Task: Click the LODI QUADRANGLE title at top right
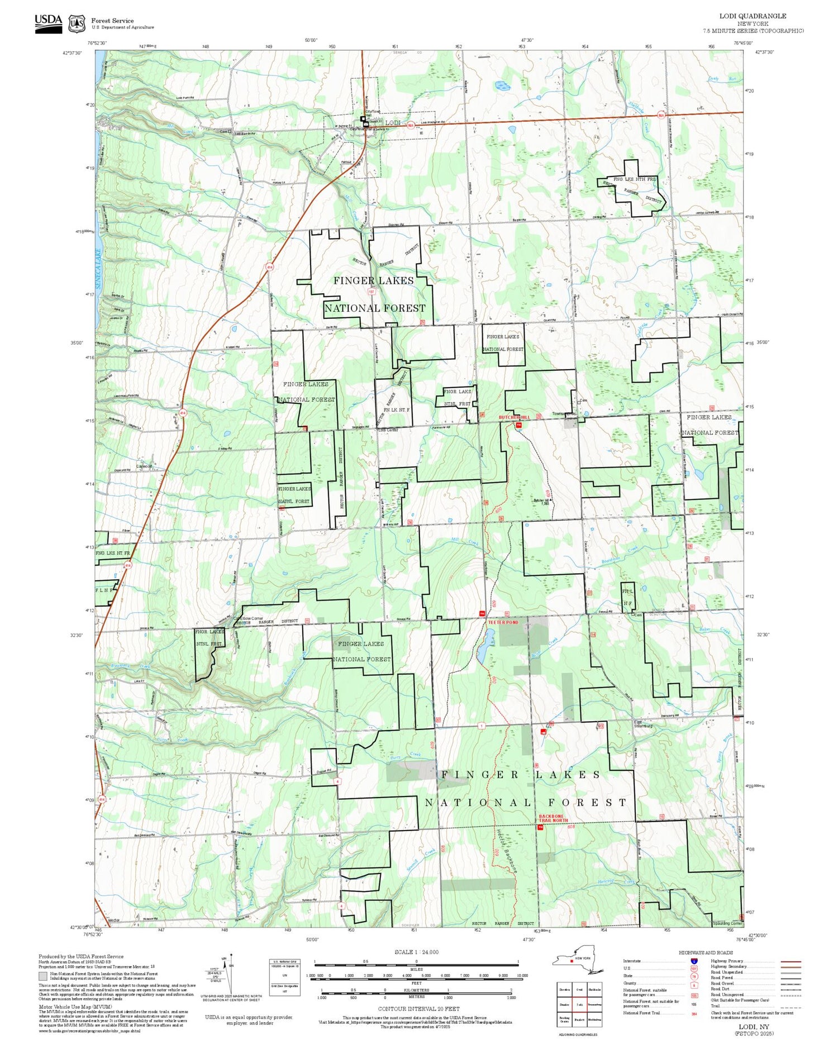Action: pyautogui.click(x=753, y=16)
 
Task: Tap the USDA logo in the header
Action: pyautogui.click(x=48, y=23)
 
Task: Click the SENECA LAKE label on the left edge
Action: pyautogui.click(x=98, y=268)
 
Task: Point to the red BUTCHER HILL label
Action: pyautogui.click(x=514, y=417)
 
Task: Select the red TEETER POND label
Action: pyautogui.click(x=503, y=622)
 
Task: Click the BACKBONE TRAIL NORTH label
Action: pyautogui.click(x=553, y=818)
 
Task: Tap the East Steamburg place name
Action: pyautogui.click(x=642, y=724)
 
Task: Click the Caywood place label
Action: pyautogui.click(x=144, y=466)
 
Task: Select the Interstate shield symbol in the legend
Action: pyautogui.click(x=694, y=961)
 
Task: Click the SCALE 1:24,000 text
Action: pyautogui.click(x=416, y=952)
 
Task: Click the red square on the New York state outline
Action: pyautogui.click(x=572, y=961)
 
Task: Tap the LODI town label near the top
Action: pyautogui.click(x=393, y=123)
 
